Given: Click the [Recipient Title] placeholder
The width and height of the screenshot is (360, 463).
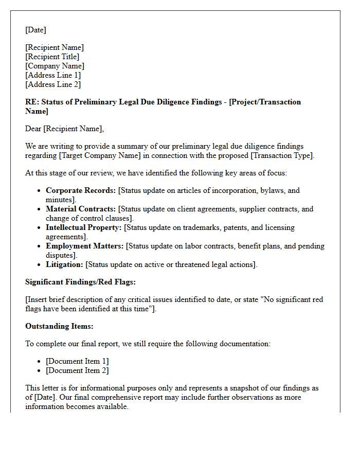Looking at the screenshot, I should tap(52, 57).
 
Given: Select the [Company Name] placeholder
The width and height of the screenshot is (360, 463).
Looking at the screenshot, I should tap(55, 66).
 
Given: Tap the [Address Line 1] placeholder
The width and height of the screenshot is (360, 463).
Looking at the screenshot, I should tap(53, 75).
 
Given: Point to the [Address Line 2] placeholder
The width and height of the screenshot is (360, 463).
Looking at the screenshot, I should tap(53, 84).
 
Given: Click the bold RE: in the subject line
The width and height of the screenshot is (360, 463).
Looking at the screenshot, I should tap(32, 102).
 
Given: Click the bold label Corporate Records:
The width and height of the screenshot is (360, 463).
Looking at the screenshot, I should tap(81, 190).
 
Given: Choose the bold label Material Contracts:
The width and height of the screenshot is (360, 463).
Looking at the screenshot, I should tap(81, 209).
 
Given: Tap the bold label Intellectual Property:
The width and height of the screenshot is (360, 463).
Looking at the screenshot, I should tap(84, 227).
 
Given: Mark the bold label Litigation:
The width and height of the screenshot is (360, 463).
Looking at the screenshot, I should tap(64, 264).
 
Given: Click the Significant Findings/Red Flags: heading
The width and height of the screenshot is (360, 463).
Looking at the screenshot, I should tap(80, 282).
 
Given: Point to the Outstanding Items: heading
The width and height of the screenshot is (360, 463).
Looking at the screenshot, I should tap(59, 326).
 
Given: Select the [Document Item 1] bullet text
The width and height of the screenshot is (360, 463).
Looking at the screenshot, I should tap(77, 361).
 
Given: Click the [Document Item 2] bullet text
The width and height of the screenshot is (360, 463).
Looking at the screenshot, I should tap(77, 370).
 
